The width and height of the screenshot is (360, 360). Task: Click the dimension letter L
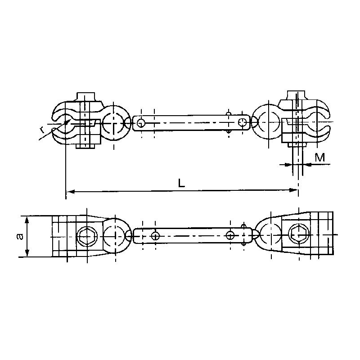(180, 183)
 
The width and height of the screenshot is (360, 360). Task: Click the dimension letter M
(320, 157)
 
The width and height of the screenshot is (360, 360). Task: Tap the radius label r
(41, 130)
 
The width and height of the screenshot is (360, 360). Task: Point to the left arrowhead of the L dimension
(69, 192)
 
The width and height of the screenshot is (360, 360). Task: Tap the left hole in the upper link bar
(141, 122)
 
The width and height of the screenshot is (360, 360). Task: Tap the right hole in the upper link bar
(243, 122)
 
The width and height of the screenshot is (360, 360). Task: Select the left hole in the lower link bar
(155, 235)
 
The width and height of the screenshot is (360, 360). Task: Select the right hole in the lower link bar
(230, 235)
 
